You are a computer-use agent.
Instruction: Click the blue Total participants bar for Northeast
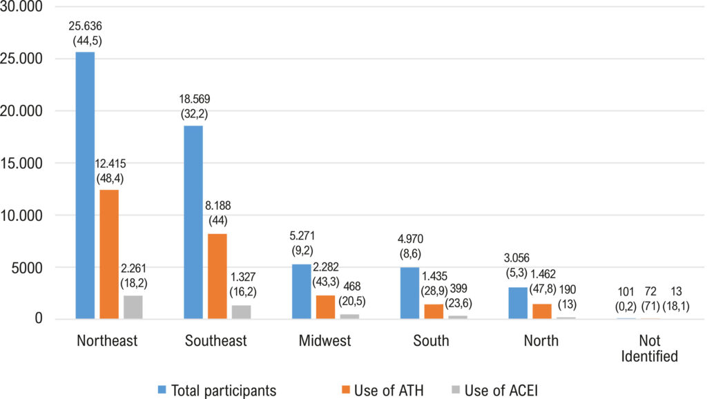coord(85,186)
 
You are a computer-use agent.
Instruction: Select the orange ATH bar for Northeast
coord(109,255)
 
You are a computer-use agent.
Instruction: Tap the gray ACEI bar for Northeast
coord(133,307)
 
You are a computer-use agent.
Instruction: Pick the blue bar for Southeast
coord(193,223)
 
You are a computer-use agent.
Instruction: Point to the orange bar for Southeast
coord(217,276)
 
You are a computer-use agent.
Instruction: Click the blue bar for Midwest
coord(302,292)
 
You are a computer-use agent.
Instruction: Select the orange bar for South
coord(434,312)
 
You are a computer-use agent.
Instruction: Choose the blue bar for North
coord(518,304)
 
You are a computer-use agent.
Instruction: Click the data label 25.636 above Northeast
coord(85,26)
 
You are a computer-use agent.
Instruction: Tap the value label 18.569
coord(194,99)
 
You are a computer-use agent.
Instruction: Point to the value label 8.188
coord(217,206)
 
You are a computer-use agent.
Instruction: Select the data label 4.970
coord(410,239)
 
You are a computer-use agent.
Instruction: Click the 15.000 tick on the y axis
coord(21,163)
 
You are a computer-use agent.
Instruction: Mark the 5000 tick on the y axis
coord(27,268)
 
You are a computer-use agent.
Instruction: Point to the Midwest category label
coord(325,341)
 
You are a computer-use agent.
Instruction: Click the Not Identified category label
coord(649,349)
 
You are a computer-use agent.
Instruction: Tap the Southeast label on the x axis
coord(216,341)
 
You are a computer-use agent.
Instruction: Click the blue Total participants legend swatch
coord(162,389)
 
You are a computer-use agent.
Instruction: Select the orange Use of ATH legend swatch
coord(346,389)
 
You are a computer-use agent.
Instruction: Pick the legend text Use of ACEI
coord(501,391)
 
